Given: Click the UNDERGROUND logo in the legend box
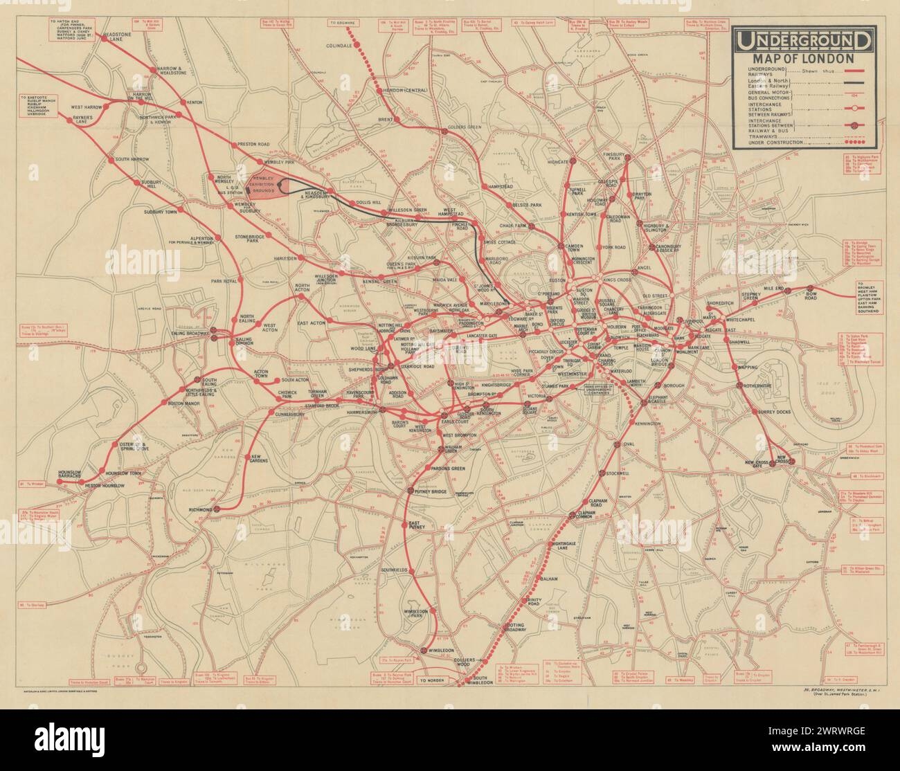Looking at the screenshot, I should coord(803,42).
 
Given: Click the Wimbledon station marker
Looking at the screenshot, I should coord(422,650).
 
